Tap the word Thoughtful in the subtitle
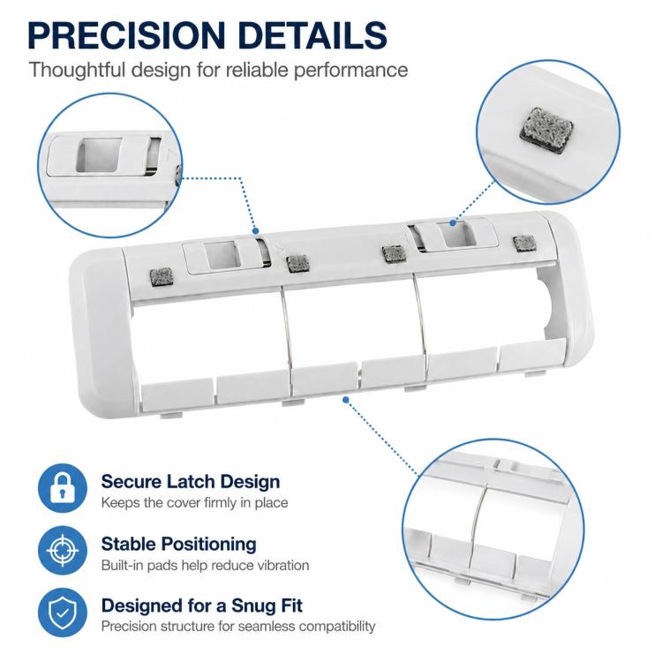pyautogui.click(x=78, y=70)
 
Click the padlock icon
pyautogui.click(x=63, y=488)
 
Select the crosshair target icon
pyautogui.click(x=63, y=550)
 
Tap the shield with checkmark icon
pyautogui.click(x=63, y=613)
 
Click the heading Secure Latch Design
pyautogui.click(x=191, y=481)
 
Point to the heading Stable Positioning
pyautogui.click(x=178, y=544)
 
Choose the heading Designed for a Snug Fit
pyautogui.click(x=202, y=606)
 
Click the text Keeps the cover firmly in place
pyautogui.click(x=194, y=503)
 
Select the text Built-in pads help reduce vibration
pyautogui.click(x=205, y=565)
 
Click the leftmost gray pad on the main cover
pyautogui.click(x=162, y=277)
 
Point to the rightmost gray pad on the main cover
pyautogui.click(x=524, y=244)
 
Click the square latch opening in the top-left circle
pyautogui.click(x=99, y=155)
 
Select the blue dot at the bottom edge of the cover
pyautogui.click(x=346, y=399)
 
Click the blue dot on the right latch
pyautogui.click(x=453, y=222)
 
